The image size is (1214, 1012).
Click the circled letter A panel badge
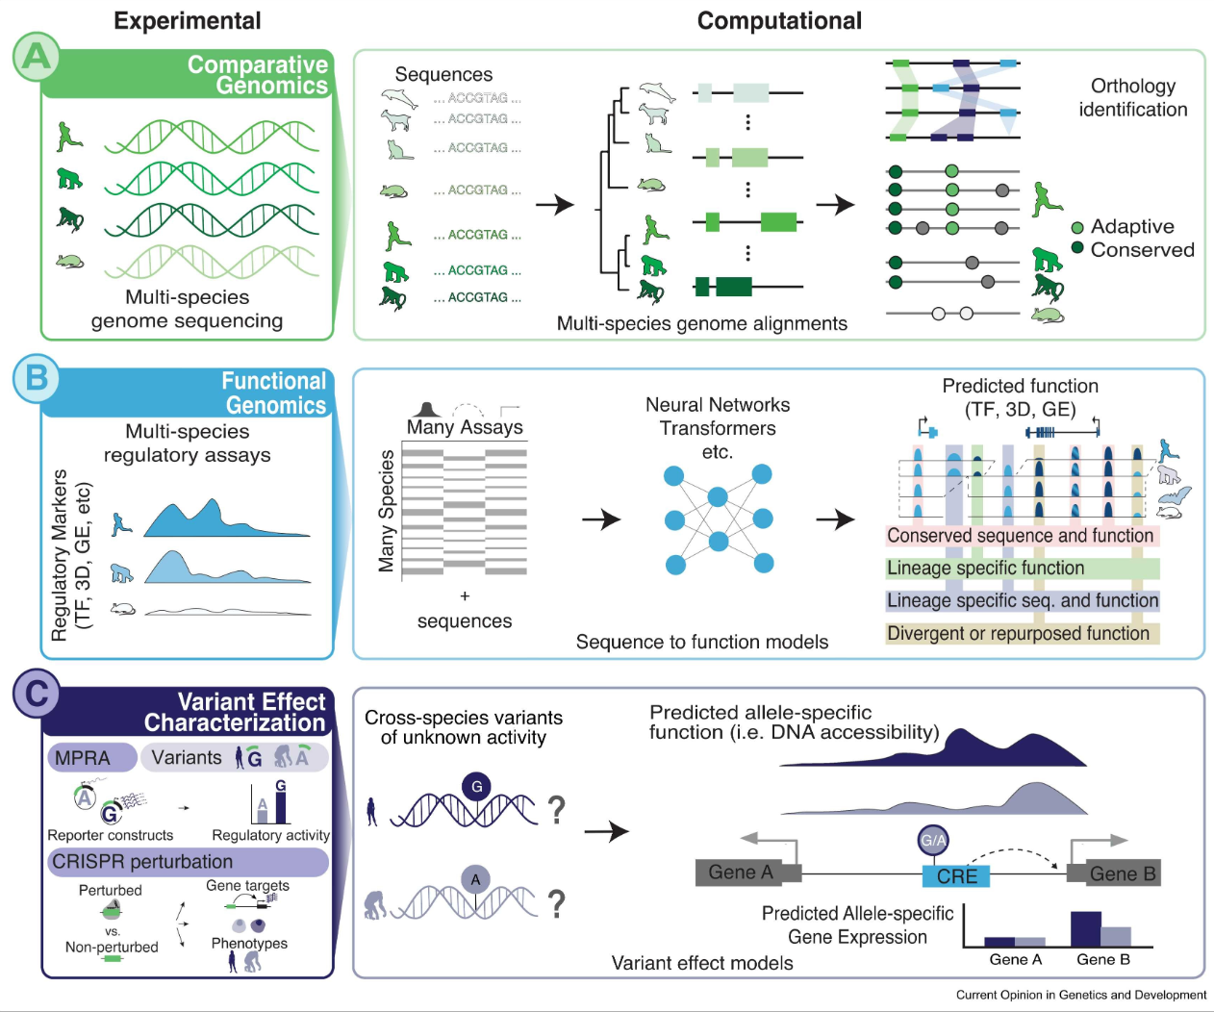click(x=37, y=57)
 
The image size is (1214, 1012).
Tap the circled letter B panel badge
click(x=37, y=379)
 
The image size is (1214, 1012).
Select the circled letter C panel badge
click(x=37, y=694)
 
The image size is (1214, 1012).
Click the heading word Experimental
click(x=188, y=21)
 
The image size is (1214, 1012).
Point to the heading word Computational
click(x=779, y=21)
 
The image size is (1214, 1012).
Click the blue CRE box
click(x=956, y=875)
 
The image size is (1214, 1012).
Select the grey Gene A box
click(x=748, y=873)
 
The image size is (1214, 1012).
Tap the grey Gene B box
click(x=1114, y=873)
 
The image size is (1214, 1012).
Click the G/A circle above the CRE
click(x=933, y=840)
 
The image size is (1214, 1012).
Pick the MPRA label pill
click(x=92, y=757)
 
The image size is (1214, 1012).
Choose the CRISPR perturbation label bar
click(x=189, y=861)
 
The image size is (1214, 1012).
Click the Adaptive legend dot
click(x=1077, y=227)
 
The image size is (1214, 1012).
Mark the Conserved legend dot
click(x=1077, y=248)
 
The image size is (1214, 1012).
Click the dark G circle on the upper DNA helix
click(x=477, y=787)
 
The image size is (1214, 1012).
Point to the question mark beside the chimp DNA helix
click(x=556, y=903)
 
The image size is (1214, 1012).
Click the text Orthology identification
click(x=1132, y=97)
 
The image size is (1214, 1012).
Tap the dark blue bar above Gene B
click(x=1085, y=929)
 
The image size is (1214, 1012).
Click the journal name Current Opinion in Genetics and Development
click(x=1081, y=995)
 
